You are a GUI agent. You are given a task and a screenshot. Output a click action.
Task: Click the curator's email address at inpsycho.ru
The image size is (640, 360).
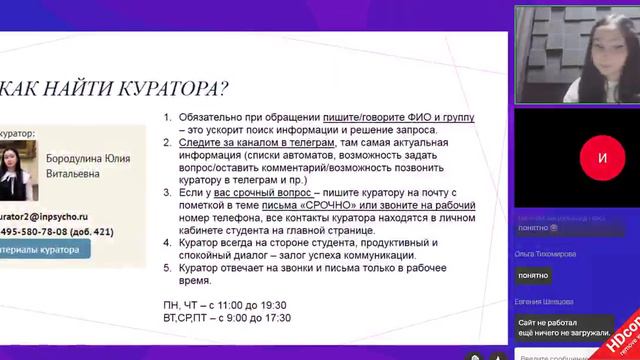pos(44,214)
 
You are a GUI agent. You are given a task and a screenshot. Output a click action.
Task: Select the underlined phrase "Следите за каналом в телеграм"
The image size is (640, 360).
pos(255,142)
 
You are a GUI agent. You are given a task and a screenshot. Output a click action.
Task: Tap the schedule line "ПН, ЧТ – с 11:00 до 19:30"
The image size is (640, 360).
pos(226,304)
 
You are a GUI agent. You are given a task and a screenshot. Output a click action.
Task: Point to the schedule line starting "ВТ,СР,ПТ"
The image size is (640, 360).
pos(227,318)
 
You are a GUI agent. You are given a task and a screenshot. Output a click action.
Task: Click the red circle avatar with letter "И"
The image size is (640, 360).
pos(601,158)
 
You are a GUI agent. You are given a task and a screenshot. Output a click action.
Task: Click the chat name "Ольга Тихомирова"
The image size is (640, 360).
pos(546,254)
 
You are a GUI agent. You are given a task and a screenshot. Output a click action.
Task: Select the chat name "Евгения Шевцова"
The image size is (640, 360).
pos(545,301)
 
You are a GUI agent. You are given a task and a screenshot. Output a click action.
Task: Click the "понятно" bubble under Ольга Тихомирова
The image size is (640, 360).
pos(533,275)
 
